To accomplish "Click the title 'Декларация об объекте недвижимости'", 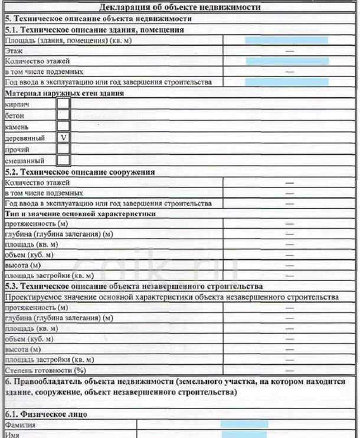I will pyautogui.click(x=179, y=8).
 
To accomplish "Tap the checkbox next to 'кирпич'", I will pyautogui.click(x=63, y=104).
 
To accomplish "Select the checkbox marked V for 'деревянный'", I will pyautogui.click(x=63, y=137).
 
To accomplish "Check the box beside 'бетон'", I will pyautogui.click(x=63, y=116).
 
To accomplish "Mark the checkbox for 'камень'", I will pyautogui.click(x=63, y=126).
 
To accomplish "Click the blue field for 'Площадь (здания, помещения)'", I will pyautogui.click(x=287, y=40).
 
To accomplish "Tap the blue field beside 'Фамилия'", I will pyautogui.click(x=244, y=424).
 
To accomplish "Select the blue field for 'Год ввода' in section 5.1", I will pyautogui.click(x=287, y=82).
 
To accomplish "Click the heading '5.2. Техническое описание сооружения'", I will pyautogui.click(x=80, y=172).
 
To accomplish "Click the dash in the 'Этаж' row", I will pyautogui.click(x=289, y=51).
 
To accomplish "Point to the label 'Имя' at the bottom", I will pyautogui.click(x=12, y=434).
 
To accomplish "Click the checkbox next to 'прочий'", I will pyautogui.click(x=63, y=149).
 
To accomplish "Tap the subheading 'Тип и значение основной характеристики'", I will pyautogui.click(x=80, y=214).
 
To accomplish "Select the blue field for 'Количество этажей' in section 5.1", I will pyautogui.click(x=287, y=61).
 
